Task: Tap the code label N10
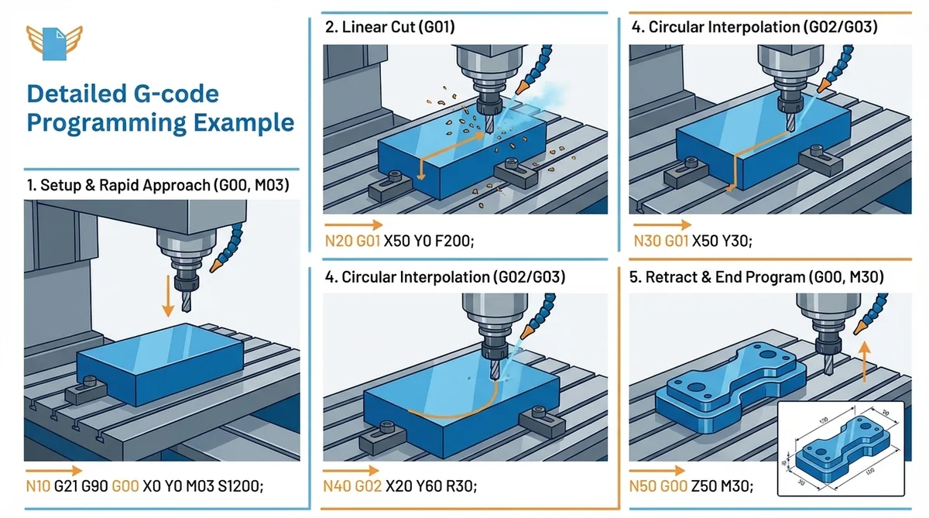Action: [37, 485]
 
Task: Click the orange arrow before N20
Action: [355, 225]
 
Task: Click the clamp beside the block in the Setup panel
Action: [86, 389]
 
